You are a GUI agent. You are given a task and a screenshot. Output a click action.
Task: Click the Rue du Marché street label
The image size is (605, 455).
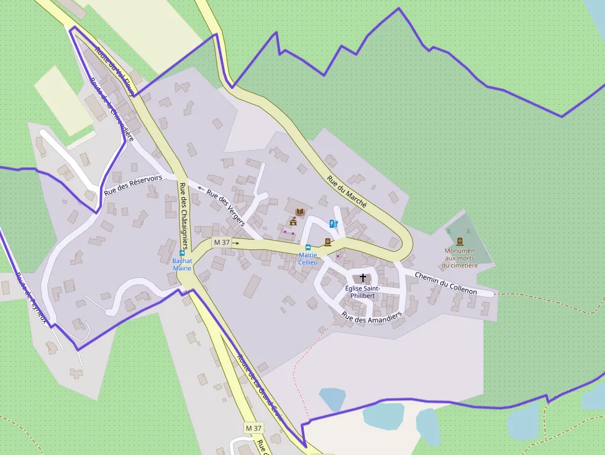pos(347,191)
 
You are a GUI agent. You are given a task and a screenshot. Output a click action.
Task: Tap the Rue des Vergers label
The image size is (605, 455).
pos(225,206)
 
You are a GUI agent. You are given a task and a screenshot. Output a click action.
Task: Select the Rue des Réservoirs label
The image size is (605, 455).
pos(133,185)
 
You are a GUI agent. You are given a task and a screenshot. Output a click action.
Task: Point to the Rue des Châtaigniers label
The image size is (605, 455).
pos(184,215)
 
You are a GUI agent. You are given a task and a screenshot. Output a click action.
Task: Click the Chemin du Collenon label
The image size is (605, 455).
pos(446,282)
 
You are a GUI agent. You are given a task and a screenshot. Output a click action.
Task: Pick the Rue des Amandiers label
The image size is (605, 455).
pos(372,318)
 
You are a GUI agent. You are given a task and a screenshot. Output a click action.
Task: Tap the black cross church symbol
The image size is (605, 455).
pos(363,278)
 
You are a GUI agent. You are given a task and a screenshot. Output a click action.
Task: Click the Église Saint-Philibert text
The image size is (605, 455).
pos(362,292)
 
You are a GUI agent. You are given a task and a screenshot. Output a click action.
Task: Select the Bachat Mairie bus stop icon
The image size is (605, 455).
pos(182,253)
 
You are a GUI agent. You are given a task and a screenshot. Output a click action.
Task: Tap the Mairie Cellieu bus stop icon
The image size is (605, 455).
pos(308,248)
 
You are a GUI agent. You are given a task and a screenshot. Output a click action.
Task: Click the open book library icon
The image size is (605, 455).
pos(299,212)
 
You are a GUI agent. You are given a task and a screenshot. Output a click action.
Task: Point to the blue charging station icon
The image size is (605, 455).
pos(333,223)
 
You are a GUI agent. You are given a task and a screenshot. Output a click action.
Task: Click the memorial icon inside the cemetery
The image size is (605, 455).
pos(459,241)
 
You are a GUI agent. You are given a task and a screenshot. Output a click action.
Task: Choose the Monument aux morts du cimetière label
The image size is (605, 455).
pos(460,258)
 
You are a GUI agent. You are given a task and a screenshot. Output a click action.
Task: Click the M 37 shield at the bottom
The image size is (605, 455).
pos(254,428)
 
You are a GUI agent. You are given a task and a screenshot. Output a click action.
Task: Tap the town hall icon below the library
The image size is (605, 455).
pos(293,221)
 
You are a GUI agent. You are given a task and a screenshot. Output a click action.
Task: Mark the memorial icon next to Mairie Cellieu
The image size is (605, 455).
pos(327,242)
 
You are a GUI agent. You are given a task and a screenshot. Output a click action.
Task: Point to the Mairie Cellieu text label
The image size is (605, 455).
pos(307,259)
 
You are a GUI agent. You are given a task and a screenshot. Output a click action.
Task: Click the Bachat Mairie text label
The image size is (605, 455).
pos(182,264)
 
